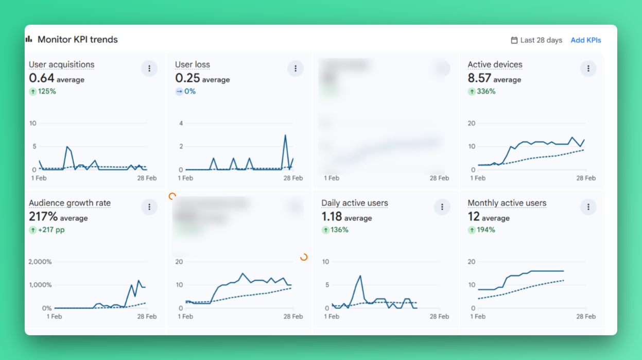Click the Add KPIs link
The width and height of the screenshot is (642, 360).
585,40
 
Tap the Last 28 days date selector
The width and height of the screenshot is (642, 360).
536,40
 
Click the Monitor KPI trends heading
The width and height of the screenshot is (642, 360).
77,40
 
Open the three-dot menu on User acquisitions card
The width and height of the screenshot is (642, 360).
149,68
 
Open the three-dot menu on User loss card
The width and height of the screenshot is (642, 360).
296,68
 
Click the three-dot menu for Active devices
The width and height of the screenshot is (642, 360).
588,68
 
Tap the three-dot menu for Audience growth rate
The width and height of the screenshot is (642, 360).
149,207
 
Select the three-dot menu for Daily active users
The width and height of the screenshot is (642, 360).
442,207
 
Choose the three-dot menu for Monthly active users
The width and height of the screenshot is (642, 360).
588,207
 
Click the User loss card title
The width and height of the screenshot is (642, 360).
193,65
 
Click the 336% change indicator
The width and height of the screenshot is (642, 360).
482,92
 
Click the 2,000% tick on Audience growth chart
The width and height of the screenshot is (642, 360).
40,262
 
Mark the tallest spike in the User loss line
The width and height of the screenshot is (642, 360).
285,135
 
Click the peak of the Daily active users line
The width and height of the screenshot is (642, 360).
360,276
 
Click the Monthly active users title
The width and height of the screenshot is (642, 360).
507,203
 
